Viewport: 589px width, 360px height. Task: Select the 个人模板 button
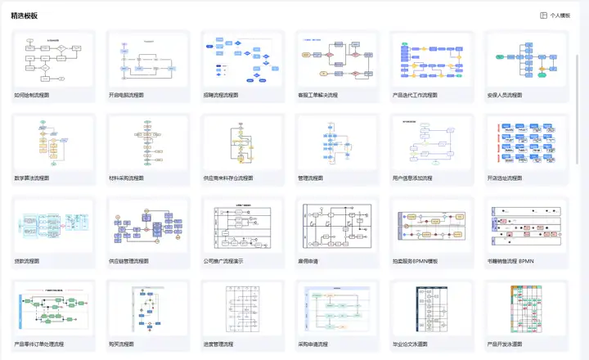point(555,16)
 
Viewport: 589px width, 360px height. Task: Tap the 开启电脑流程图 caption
point(126,95)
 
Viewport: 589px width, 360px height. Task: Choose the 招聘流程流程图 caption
point(221,95)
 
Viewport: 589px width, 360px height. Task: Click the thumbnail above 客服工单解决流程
point(335,59)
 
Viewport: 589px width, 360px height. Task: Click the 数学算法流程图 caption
point(32,178)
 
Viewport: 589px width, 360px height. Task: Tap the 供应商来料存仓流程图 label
point(228,178)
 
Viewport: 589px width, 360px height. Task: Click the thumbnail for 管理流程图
point(335,142)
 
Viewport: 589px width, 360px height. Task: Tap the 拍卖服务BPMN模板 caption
point(416,261)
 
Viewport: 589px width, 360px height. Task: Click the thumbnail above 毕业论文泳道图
point(429,308)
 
